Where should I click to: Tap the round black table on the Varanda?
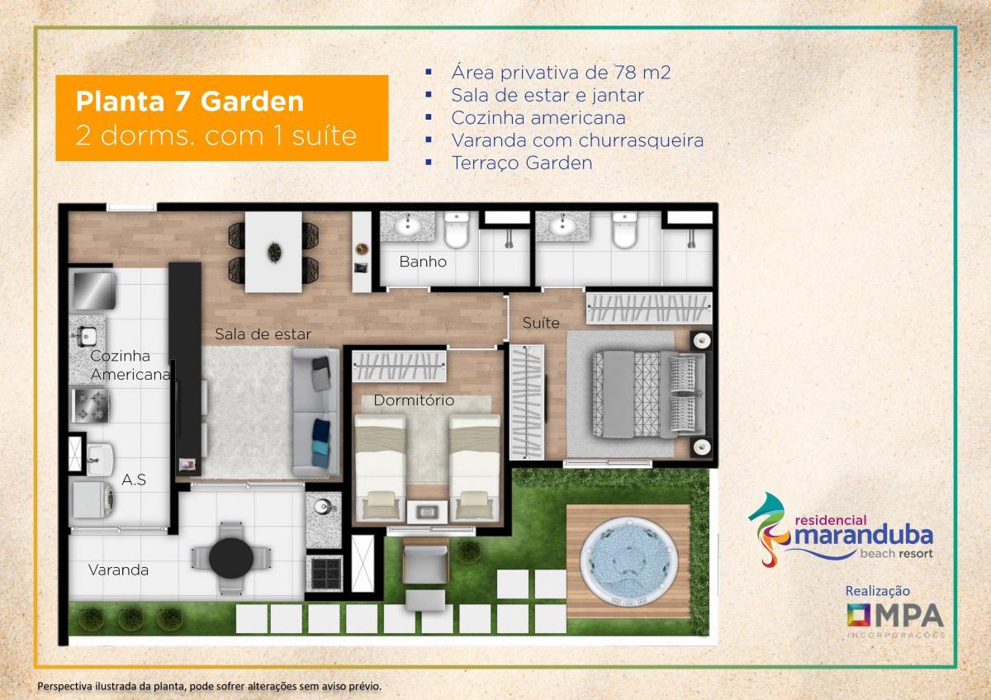click(x=231, y=559)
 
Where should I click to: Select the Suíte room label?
click(x=541, y=323)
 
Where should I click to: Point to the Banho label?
click(x=423, y=262)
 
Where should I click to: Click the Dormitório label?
click(x=414, y=400)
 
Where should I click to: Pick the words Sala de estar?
click(x=263, y=334)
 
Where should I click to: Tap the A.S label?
click(x=134, y=480)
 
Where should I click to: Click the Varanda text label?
click(x=118, y=570)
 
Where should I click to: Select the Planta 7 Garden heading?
click(x=190, y=102)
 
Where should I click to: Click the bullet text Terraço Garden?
click(x=522, y=163)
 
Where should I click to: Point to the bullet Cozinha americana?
click(x=538, y=117)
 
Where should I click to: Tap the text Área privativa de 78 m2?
click(x=561, y=73)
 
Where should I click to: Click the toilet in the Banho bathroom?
click(x=456, y=229)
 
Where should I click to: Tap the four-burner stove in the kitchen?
click(x=90, y=405)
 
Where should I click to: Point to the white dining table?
click(x=273, y=252)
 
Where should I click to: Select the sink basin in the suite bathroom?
click(x=562, y=226)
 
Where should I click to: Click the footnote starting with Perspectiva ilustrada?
click(x=209, y=686)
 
